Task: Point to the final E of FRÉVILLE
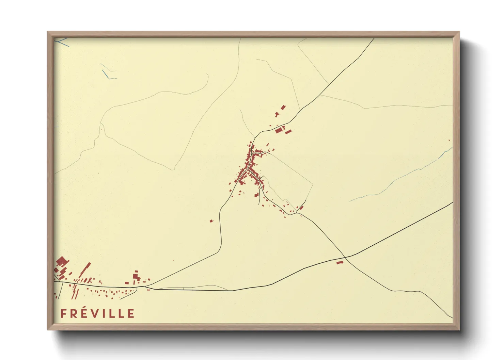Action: coord(131,313)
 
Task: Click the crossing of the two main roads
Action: coord(345,257)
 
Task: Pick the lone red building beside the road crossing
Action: coord(339,262)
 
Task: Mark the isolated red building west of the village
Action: coord(211,221)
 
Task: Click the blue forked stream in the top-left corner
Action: coord(61,42)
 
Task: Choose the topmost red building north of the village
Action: coord(283,108)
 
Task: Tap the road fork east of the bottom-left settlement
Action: coord(149,285)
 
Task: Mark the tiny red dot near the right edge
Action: coord(449,140)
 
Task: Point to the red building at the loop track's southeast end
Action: coord(301,208)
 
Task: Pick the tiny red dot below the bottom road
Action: coord(235,304)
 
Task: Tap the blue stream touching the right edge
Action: coord(446,152)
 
